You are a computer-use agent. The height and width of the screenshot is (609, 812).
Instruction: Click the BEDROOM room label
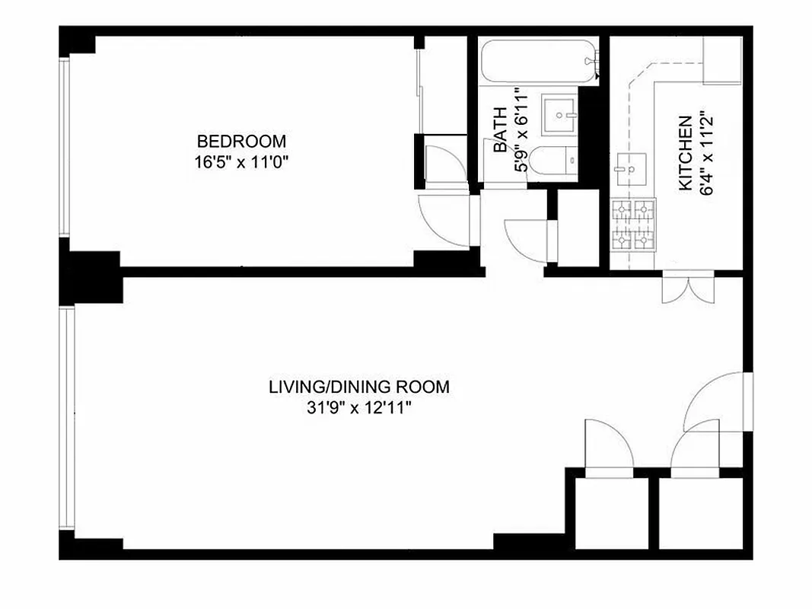click(241, 141)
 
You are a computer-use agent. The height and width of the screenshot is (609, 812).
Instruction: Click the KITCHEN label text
click(685, 153)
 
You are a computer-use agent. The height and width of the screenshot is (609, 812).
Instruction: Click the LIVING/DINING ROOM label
click(358, 387)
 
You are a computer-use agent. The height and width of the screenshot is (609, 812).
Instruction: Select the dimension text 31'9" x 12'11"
click(358, 408)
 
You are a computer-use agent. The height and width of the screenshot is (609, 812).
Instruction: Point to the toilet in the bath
click(552, 161)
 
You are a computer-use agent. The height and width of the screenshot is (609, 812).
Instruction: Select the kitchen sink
click(630, 168)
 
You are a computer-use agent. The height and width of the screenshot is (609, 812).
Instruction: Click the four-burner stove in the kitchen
click(633, 225)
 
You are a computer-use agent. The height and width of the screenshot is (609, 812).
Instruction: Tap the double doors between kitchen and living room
click(688, 289)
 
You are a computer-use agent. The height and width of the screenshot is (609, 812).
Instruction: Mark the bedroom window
click(65, 148)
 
